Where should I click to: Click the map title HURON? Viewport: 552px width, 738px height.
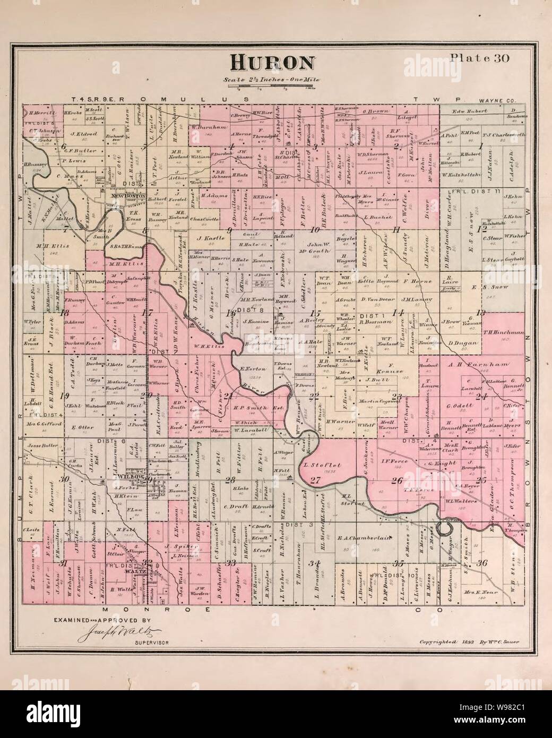pyautogui.click(x=271, y=63)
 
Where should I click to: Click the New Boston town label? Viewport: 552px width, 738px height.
pyautogui.click(x=125, y=195)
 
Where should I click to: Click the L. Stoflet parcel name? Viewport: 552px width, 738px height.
pyautogui.click(x=321, y=466)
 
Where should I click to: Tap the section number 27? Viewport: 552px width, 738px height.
pyautogui.click(x=316, y=481)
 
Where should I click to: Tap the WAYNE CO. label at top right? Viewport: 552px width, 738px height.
pyautogui.click(x=496, y=99)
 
